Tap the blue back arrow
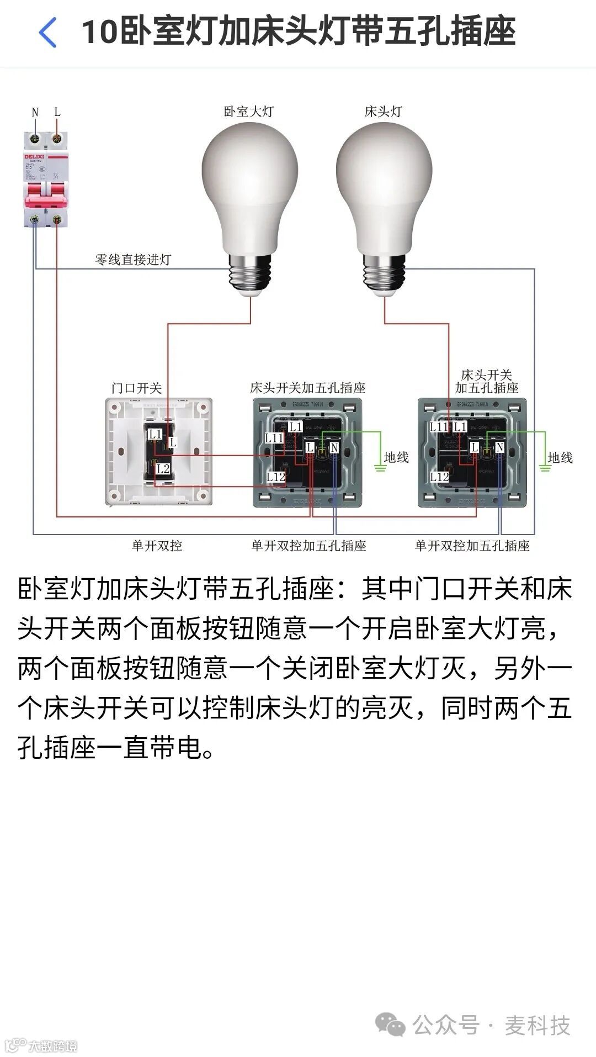pos(48,32)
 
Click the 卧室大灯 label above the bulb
pos(248,112)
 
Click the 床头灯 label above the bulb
pos(383,112)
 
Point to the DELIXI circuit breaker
pos(46,179)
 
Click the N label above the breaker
pos(35,112)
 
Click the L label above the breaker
pos(57,112)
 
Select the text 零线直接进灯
pos(133,260)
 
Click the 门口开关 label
pos(136,388)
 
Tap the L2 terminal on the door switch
pos(163,469)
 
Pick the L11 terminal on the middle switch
pos(274,438)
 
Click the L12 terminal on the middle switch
pos(275,477)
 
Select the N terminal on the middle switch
pos(334,447)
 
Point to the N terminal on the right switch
pos(499,447)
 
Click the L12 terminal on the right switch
pos(439,477)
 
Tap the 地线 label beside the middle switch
pos(396,457)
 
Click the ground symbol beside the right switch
pos(545,468)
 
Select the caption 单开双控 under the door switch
pos(157,546)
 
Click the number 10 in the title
pos(99,32)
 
